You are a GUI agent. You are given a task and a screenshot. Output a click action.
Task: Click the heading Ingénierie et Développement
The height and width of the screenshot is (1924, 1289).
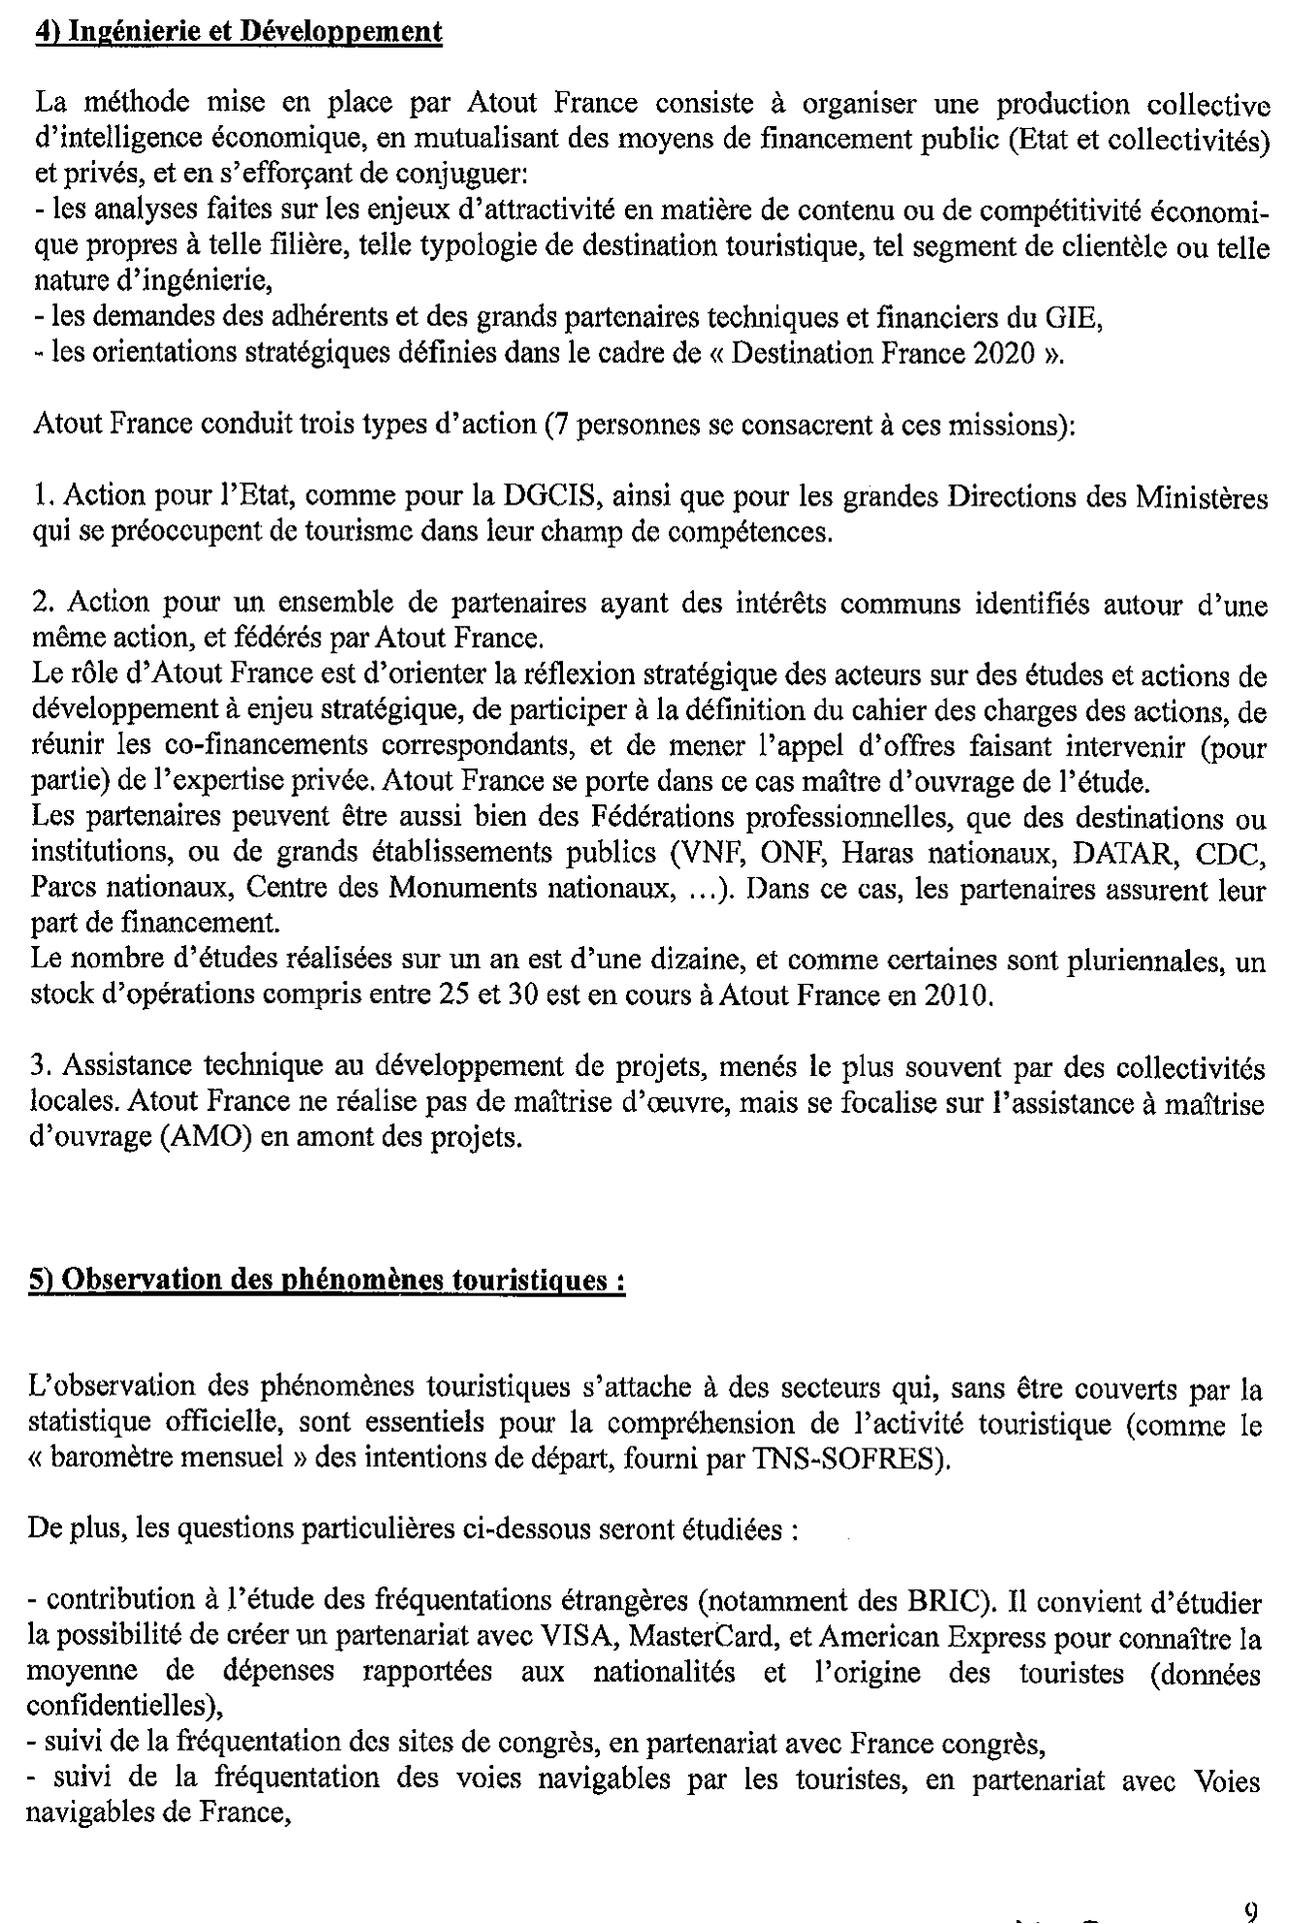pyautogui.click(x=238, y=32)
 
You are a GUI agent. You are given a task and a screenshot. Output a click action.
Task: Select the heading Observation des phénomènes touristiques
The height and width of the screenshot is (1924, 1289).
pyautogui.click(x=326, y=1280)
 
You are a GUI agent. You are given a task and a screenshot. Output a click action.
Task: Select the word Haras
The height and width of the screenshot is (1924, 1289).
pyautogui.click(x=876, y=853)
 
